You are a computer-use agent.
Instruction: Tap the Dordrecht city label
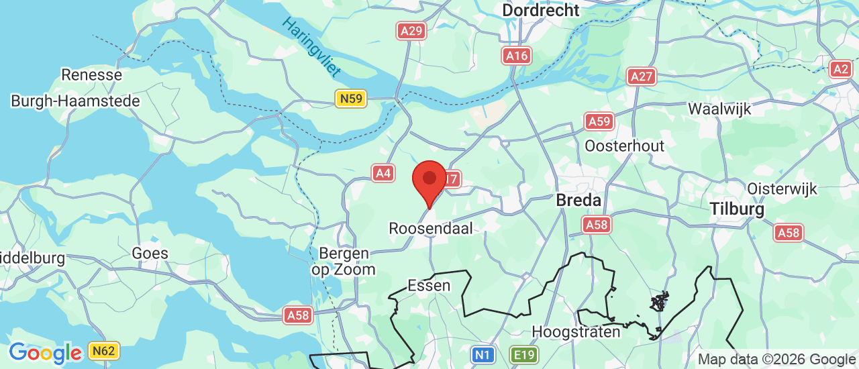pyautogui.click(x=540, y=10)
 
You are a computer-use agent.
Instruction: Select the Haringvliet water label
pyautogui.click(x=312, y=46)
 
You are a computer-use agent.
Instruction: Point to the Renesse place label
pyautogui.click(x=91, y=74)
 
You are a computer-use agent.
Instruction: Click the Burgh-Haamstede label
pyautogui.click(x=75, y=101)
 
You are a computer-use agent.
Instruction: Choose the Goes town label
pyautogui.click(x=150, y=253)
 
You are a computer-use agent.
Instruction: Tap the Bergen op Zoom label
pyautogui.click(x=344, y=261)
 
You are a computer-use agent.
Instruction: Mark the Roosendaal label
pyautogui.click(x=430, y=228)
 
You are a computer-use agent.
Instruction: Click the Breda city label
pyautogui.click(x=578, y=201)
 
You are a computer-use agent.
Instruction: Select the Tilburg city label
pyautogui.click(x=737, y=209)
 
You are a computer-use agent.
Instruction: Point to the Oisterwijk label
pyautogui.click(x=782, y=189)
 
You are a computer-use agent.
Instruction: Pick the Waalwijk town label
pyautogui.click(x=719, y=109)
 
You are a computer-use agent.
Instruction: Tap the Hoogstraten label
pyautogui.click(x=576, y=331)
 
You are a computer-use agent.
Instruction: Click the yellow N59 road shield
pyautogui.click(x=351, y=99)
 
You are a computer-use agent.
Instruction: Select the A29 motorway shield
pyautogui.click(x=411, y=30)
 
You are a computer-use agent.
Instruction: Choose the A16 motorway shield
pyautogui.click(x=517, y=56)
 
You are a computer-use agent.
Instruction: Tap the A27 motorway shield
pyautogui.click(x=642, y=76)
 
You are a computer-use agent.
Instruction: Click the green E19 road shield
pyautogui.click(x=523, y=354)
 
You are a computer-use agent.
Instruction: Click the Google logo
pyautogui.click(x=45, y=353)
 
